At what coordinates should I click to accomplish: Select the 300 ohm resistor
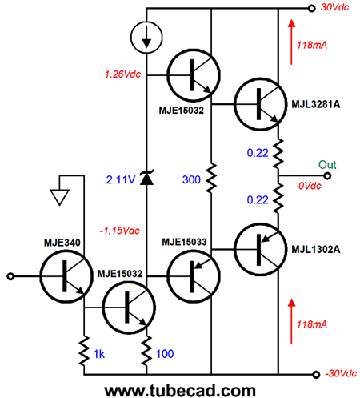[211, 178]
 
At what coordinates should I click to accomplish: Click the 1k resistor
[84, 351]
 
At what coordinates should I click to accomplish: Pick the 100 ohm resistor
[146, 351]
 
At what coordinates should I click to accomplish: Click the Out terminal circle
[327, 176]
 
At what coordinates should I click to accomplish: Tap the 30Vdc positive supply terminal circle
[311, 8]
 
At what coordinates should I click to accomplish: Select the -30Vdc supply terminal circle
[316, 375]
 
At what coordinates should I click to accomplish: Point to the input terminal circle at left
[10, 276]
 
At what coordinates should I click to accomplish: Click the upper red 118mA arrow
[291, 42]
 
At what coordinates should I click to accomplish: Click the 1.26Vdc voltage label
[122, 74]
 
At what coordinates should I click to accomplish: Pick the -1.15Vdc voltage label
[119, 231]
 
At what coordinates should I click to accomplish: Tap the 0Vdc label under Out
[310, 186]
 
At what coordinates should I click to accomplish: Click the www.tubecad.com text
[180, 390]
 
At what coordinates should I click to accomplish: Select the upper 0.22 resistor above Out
[278, 153]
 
